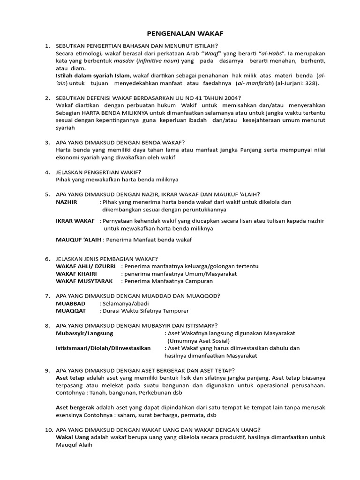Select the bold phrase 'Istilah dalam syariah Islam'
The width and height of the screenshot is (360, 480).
pyautogui.click(x=93, y=75)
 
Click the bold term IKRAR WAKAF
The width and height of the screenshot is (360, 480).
pyautogui.click(x=75, y=221)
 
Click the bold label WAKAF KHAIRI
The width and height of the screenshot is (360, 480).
pyautogui.click(x=77, y=273)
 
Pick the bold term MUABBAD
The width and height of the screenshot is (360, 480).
pyautogui.click(x=71, y=303)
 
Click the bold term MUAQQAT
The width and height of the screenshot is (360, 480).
pyautogui.click(x=71, y=311)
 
